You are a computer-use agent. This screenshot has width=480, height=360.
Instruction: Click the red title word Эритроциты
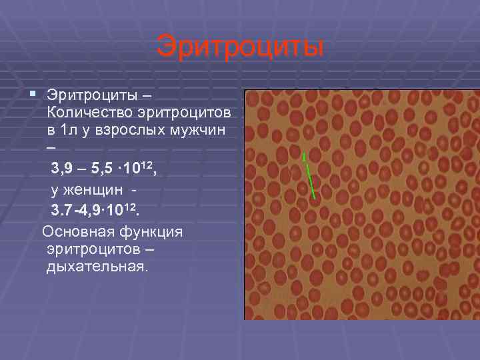(x=240, y=47)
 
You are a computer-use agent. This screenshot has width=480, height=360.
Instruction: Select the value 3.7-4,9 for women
(x=78, y=211)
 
